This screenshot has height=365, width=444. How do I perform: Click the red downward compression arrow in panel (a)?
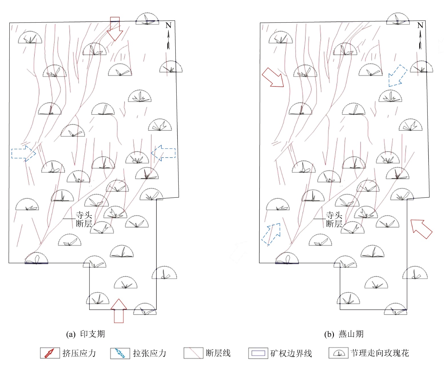tap(115, 29)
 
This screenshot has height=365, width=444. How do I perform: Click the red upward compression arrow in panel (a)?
tap(119, 311)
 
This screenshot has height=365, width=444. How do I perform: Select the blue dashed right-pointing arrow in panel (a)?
tap(24, 153)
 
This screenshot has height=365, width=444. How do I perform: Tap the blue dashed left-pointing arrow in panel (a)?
tap(163, 153)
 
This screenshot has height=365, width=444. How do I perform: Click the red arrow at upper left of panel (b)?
tap(273, 77)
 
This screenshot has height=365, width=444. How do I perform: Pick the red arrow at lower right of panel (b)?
tap(421, 229)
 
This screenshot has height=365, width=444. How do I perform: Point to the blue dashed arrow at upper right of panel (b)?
tap(398, 76)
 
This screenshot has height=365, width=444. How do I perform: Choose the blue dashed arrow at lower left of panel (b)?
tap(271, 234)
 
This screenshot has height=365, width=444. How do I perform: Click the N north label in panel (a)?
tap(168, 25)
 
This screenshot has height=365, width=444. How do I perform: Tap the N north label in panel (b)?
tap(420, 25)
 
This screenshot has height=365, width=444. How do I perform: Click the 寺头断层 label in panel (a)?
tap(84, 219)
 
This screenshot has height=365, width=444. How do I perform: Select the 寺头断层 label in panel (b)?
tap(334, 219)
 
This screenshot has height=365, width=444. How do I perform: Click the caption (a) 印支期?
tap(85, 334)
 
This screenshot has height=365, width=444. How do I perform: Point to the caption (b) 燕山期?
tap(344, 334)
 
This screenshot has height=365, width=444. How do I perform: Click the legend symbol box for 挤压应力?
tap(50, 353)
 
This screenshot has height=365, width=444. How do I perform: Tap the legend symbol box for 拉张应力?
tap(120, 353)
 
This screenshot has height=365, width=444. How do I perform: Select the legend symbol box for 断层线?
tap(193, 353)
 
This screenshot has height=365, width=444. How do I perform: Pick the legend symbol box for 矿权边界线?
tap(258, 353)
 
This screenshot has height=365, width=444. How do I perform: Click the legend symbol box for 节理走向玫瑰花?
tap(339, 353)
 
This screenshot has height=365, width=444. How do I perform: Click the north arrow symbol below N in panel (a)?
tap(168, 40)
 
